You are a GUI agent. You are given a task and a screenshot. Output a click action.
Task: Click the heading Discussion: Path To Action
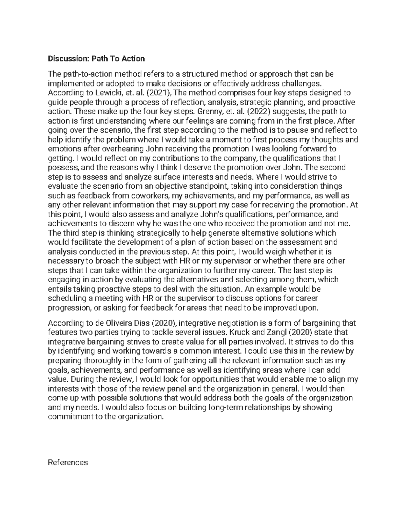click(96, 59)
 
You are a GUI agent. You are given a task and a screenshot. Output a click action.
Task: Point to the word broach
click(114, 261)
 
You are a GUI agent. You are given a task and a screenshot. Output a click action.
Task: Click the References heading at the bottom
click(68, 462)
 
